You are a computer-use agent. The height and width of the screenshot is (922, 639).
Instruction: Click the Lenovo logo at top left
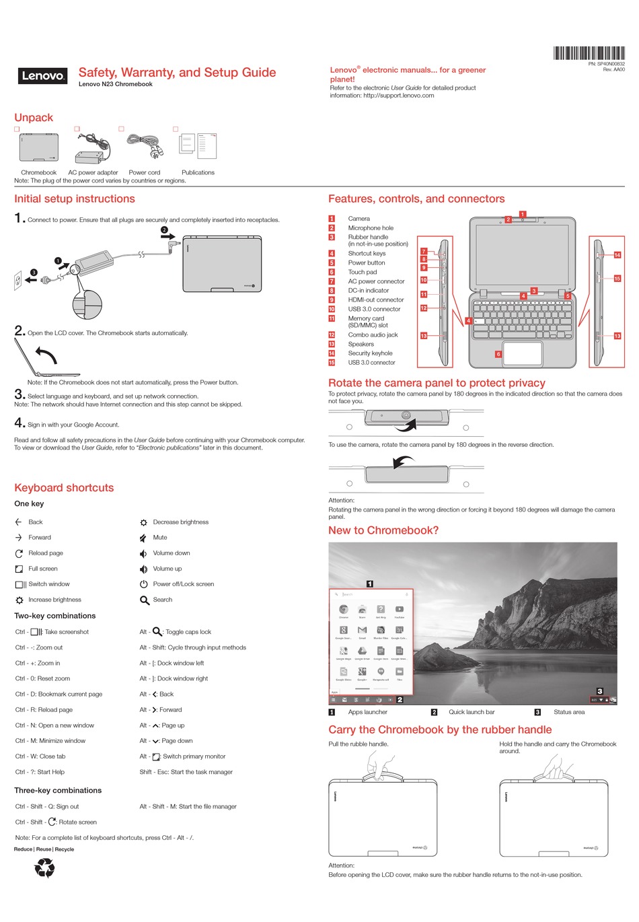(x=43, y=76)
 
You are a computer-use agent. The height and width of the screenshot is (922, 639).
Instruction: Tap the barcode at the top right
(x=589, y=53)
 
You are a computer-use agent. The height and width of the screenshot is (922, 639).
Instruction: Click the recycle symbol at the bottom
(x=45, y=867)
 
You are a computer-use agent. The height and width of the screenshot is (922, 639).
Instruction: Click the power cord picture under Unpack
(x=145, y=147)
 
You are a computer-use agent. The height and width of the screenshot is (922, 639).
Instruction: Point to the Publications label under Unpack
(x=198, y=173)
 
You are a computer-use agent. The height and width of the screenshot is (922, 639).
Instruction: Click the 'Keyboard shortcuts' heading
(x=64, y=488)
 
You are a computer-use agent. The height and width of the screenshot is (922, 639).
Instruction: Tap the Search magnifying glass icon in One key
(x=145, y=600)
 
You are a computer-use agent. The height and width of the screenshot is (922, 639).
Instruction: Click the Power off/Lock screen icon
(x=144, y=584)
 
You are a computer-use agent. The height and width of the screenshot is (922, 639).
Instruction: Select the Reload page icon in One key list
(x=19, y=553)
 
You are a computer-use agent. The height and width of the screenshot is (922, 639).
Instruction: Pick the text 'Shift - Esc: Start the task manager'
(x=186, y=772)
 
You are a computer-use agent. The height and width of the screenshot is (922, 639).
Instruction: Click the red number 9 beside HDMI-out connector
(x=332, y=300)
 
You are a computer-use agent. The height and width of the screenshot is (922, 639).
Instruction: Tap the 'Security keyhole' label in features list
(x=370, y=353)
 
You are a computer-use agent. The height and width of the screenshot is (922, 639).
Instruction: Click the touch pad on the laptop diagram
(x=523, y=353)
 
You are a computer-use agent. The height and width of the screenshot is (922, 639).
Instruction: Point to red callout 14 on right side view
(x=617, y=255)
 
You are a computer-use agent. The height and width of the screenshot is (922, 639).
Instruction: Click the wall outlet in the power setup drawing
(x=18, y=281)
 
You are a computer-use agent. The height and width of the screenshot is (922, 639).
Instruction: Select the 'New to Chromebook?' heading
(x=383, y=530)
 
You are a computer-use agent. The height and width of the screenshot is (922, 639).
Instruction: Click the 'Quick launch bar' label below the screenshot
(x=472, y=712)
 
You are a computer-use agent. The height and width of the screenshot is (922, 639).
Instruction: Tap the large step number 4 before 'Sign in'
(x=20, y=423)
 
